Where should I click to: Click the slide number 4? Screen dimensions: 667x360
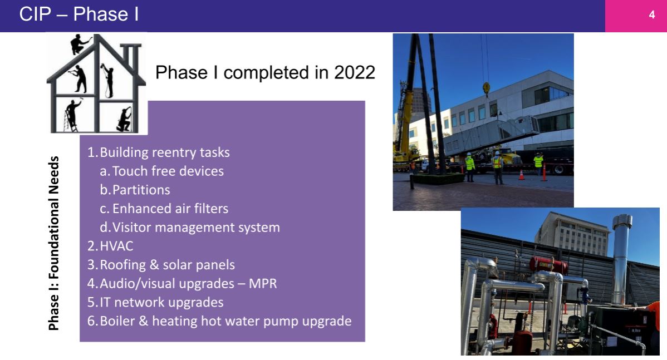(x=651, y=15)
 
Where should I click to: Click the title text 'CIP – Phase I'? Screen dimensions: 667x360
(x=79, y=14)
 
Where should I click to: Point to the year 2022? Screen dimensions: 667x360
(x=354, y=72)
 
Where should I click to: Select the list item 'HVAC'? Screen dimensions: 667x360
(x=116, y=246)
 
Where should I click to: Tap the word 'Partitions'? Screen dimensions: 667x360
(x=141, y=190)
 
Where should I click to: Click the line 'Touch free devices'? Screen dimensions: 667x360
(x=168, y=171)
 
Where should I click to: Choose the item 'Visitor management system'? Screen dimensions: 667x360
(x=196, y=228)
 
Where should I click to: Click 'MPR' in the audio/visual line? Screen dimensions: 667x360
(x=262, y=284)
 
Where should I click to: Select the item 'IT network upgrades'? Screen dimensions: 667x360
(x=161, y=302)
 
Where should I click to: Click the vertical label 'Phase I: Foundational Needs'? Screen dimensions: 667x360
(x=53, y=243)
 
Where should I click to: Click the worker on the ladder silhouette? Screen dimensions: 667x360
(x=73, y=114)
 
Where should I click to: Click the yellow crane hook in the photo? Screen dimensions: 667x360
(x=486, y=88)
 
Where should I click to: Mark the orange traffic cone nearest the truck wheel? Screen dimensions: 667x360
(x=543, y=172)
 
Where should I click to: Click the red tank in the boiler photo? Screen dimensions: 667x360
(x=548, y=264)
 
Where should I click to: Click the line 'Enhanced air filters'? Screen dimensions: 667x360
(x=170, y=208)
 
